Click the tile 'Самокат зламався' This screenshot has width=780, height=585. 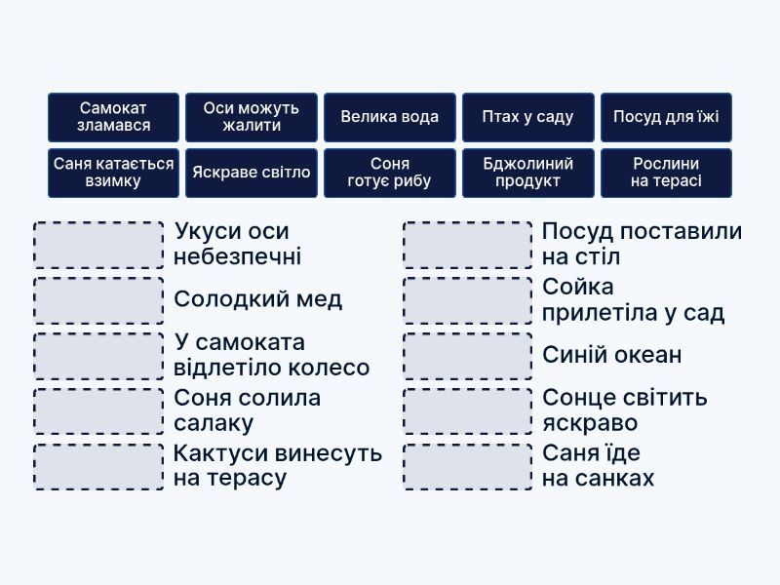(114, 117)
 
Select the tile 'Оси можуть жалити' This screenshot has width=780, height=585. (252, 117)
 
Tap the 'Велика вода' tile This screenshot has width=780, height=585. (390, 117)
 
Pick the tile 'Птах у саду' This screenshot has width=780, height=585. (527, 117)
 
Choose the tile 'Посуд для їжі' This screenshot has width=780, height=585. (666, 117)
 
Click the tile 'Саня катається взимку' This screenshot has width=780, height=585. (114, 173)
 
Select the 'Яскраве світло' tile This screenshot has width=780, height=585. (252, 173)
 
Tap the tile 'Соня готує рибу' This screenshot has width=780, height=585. (390, 173)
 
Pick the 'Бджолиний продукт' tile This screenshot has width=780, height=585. (527, 173)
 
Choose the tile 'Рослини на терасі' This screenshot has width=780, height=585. (666, 173)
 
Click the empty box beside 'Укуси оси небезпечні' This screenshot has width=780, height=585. (98, 245)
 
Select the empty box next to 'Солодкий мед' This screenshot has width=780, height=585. (98, 300)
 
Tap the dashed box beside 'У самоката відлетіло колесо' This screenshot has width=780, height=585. (98, 356)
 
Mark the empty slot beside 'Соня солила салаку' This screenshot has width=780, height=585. (98, 411)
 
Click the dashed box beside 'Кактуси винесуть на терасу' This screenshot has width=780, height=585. (98, 467)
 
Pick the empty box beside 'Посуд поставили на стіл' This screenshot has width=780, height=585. (468, 245)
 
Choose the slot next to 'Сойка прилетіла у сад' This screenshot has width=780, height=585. (468, 300)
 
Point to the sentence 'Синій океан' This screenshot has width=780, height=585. (612, 356)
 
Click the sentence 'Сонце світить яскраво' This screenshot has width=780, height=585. (625, 411)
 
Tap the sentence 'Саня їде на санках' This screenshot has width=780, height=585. (599, 467)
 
